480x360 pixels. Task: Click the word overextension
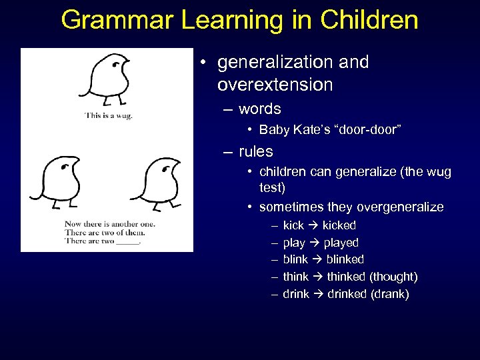tap(275, 85)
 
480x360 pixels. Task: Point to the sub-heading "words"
tap(259, 109)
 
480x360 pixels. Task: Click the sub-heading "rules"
tap(255, 151)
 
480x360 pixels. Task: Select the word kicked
tap(339, 225)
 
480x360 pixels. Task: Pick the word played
tap(341, 243)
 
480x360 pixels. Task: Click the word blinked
tap(345, 259)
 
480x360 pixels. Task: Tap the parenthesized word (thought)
tap(393, 277)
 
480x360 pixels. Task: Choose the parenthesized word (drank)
tap(389, 294)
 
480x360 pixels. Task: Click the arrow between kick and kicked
tap(313, 225)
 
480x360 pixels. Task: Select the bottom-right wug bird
tap(158, 181)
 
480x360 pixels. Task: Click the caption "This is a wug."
tap(109, 115)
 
